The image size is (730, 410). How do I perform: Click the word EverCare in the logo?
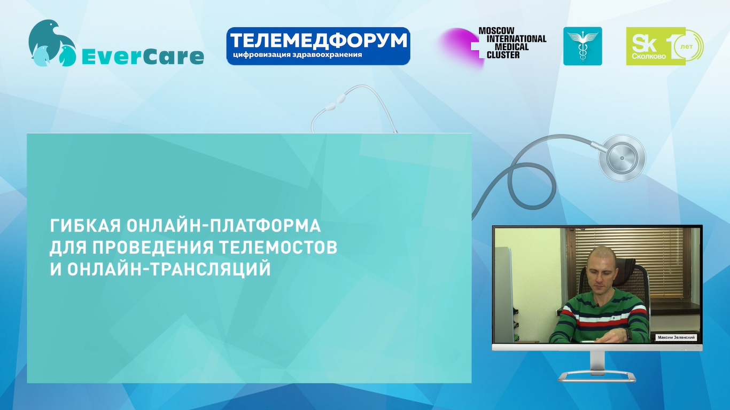coord(143,57)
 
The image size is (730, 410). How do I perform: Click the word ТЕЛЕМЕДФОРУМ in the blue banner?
coord(319,41)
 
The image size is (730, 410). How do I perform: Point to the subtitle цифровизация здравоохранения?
coord(298,54)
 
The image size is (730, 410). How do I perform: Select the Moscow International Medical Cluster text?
coord(512,43)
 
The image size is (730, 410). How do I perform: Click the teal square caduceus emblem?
coord(583,46)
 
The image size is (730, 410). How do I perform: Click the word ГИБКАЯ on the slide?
coord(86,226)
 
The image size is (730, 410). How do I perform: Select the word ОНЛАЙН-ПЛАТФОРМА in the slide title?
coord(223,226)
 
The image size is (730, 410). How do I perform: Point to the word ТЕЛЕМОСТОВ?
coord(278,247)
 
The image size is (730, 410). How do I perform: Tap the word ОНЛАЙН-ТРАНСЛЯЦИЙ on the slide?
coord(169,269)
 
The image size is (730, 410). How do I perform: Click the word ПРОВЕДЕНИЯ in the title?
coord(152,247)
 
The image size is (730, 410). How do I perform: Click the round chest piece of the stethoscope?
coord(622,158)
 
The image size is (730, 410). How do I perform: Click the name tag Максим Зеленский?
coord(676,337)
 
